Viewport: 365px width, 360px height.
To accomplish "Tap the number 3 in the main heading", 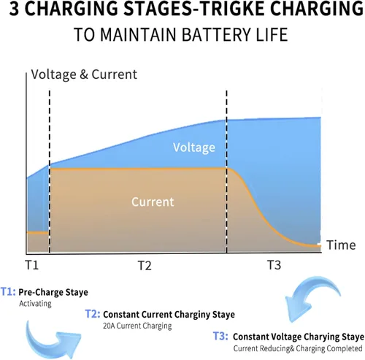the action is coord(14,9).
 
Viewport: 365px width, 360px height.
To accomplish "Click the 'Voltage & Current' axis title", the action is coord(84,74).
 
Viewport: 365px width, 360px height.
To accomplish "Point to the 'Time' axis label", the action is coord(341,245).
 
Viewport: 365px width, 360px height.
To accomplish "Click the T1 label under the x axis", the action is coord(32,265).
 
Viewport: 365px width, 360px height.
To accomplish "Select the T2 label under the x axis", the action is coord(145,265).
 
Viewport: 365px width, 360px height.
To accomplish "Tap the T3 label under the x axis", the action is coord(274,265).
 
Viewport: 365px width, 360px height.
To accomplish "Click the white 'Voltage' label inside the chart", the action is coord(194,148).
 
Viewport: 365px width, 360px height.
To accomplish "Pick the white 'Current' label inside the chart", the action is coord(153,202).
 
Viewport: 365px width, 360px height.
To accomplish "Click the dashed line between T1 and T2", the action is coord(50,172).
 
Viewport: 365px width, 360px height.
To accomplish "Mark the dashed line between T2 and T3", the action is coord(226,172).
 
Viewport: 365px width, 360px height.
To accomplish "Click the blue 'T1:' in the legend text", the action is coord(9,291).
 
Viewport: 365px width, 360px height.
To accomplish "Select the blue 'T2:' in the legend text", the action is coord(93,314).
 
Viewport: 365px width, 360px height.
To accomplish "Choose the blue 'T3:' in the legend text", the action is coord(220,336).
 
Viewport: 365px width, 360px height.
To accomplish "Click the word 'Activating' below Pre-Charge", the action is coord(35,304).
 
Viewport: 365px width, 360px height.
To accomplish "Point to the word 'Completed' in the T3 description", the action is coord(345,348).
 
